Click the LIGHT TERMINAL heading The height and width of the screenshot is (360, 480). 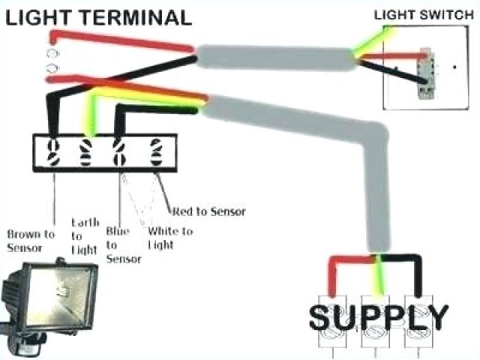pos(97,16)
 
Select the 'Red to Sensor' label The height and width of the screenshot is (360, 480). pos(208,211)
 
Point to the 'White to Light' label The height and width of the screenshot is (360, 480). pos(170,237)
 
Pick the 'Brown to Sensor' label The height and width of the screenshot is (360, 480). pos(30,240)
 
